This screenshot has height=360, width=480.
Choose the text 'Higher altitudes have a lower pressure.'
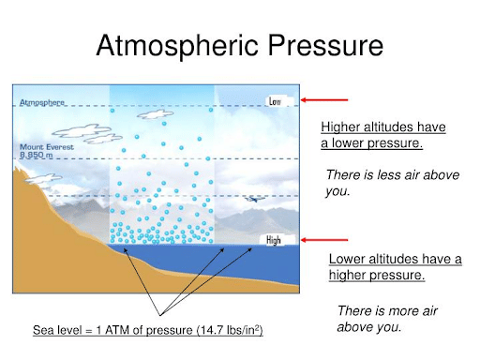(383, 135)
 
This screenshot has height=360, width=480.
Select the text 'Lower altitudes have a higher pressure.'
(395, 266)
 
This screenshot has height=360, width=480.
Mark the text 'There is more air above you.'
(387, 319)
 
